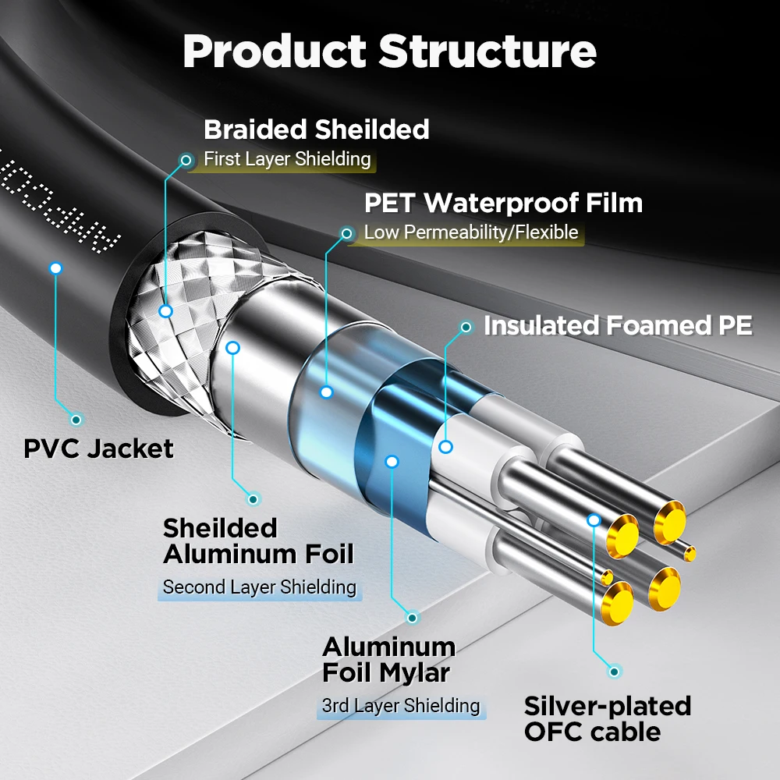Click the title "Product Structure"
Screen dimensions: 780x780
(389, 51)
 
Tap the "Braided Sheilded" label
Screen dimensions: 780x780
(316, 129)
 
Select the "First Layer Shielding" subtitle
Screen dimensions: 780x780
(287, 159)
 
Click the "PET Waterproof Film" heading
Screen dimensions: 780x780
(503, 203)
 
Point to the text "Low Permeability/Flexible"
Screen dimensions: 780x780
(471, 232)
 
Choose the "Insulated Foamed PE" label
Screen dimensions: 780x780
(618, 326)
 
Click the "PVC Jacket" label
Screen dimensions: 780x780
(99, 448)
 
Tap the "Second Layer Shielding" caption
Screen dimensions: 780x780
(259, 587)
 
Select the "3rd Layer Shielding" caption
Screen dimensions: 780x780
(401, 705)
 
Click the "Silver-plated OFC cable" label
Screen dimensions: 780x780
(608, 718)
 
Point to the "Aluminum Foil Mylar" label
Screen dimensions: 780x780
(388, 659)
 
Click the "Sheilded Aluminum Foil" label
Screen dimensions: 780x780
(258, 541)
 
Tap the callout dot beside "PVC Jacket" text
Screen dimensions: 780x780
(76, 420)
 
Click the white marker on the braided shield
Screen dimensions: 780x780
(165, 311)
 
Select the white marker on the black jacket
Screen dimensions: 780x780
(55, 268)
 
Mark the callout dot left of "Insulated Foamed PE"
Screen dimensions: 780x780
(466, 328)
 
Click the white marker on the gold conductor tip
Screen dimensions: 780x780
(594, 519)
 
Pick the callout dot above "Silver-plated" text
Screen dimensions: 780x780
(615, 671)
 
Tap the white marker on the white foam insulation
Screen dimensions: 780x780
(445, 447)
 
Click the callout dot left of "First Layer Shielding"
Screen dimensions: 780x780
(186, 161)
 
